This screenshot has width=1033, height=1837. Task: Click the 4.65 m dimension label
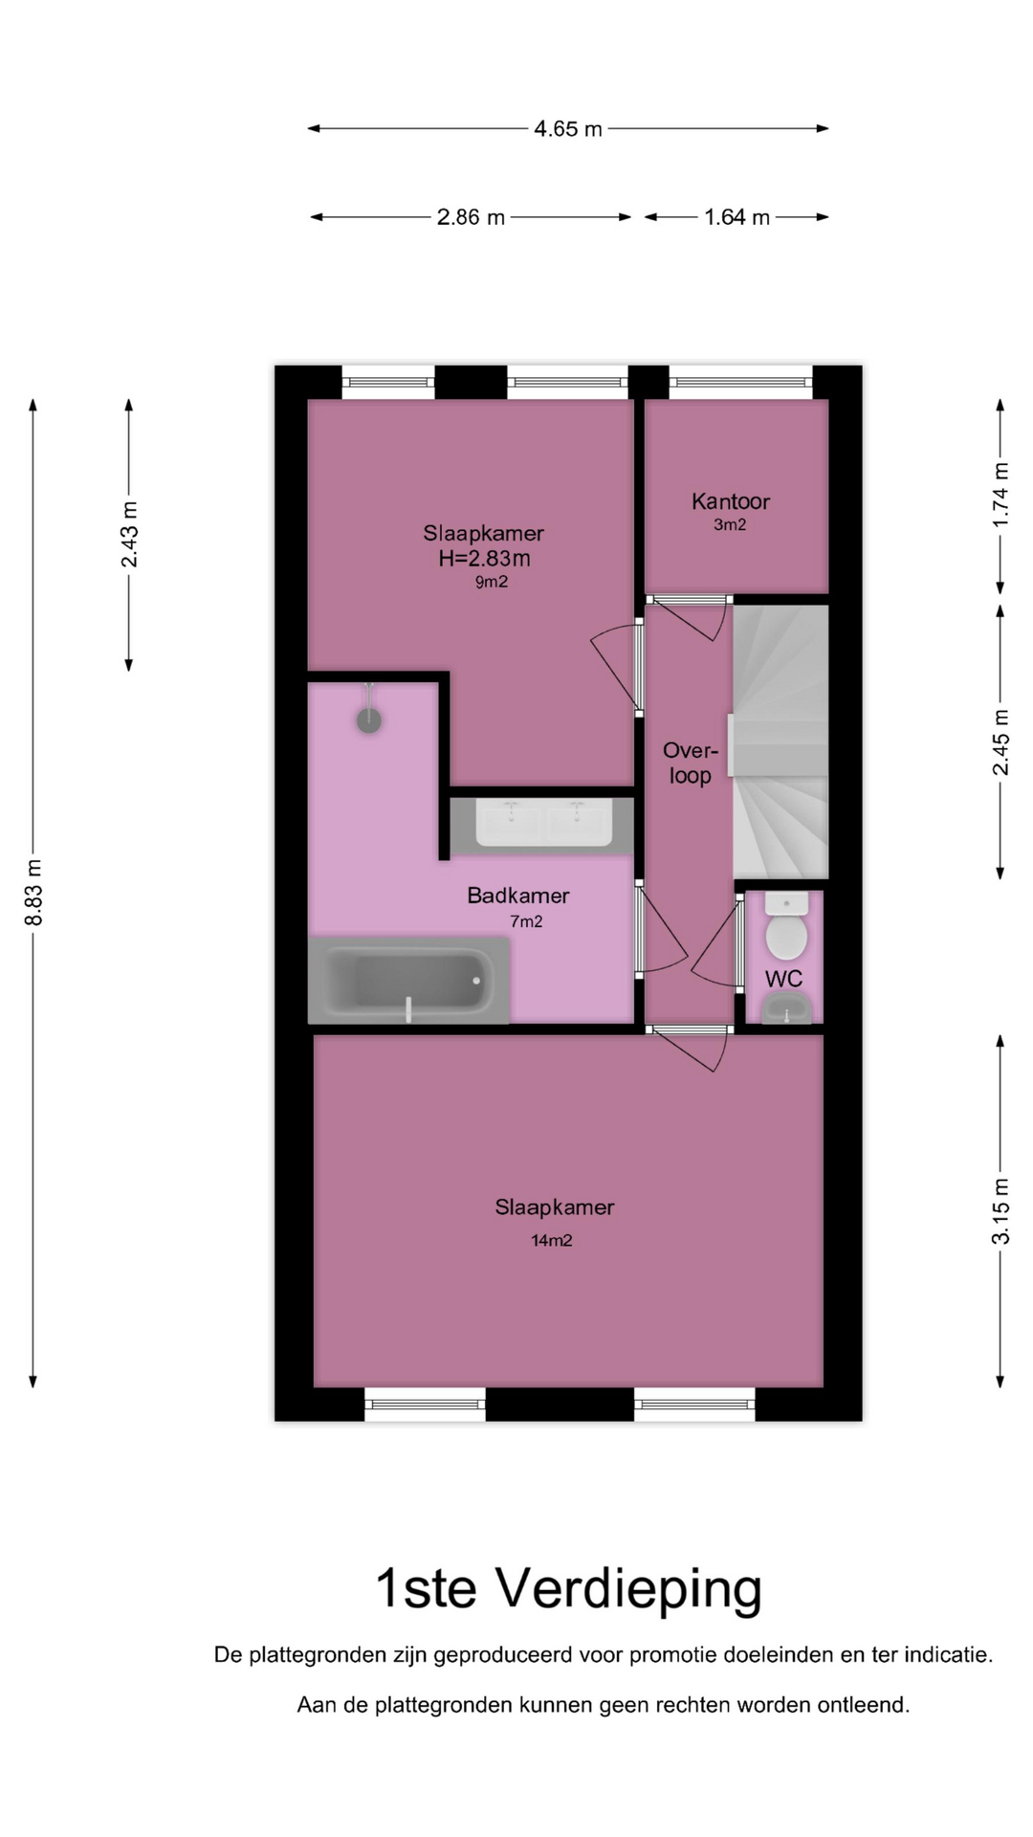568,129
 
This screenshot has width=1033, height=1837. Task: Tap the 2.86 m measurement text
471,217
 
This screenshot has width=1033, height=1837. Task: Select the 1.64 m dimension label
736,217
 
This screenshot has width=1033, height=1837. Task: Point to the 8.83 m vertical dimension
33,893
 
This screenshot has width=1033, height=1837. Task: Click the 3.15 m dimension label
1000,1210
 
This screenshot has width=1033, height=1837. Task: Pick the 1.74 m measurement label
1000,495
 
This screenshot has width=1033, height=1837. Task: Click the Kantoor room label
731,501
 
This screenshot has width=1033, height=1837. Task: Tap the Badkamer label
518,896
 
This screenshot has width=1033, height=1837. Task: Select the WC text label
783,979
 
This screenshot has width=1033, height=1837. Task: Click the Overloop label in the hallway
690,763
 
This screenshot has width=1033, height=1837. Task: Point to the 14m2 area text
552,1241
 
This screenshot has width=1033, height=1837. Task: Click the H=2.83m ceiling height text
484,558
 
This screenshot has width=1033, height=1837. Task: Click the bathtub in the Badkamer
408,981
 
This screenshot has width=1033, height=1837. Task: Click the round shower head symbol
369,720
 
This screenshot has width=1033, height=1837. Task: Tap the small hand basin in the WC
786,1007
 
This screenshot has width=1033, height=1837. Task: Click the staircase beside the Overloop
780,741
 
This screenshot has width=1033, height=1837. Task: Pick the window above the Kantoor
740,383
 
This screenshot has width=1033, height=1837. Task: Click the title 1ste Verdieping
568,1589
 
